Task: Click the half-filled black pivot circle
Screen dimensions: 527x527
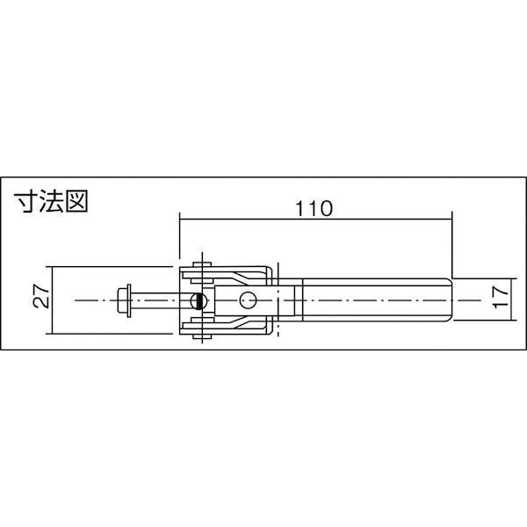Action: (200, 300)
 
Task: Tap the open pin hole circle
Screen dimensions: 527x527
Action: (249, 300)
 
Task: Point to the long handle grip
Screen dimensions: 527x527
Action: (373, 300)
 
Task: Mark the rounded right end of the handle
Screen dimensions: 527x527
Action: (449, 300)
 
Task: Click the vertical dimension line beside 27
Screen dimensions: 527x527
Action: (54, 300)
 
